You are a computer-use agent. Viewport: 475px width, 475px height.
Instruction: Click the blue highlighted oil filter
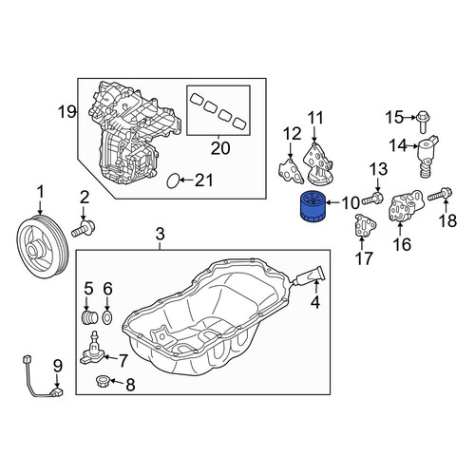click(311, 207)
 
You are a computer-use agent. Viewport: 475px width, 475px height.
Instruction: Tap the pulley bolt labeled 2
click(84, 229)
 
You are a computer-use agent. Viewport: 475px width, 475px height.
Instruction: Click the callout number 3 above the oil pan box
click(161, 235)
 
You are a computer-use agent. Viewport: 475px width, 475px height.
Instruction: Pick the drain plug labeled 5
click(89, 317)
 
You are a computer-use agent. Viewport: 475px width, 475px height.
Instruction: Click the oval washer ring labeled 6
click(108, 317)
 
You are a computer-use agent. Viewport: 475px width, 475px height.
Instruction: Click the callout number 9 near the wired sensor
click(58, 366)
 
